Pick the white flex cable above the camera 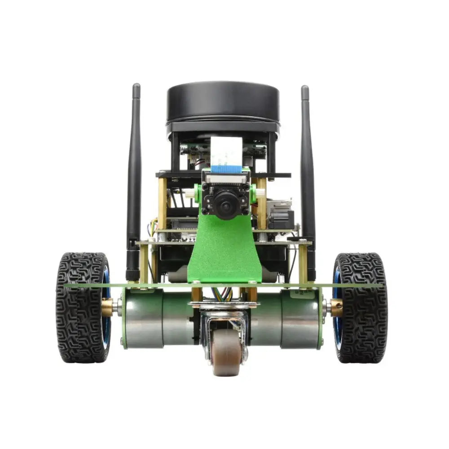(x=226, y=150)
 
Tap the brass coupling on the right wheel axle (x=336, y=308)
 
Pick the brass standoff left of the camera (x=162, y=202)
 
